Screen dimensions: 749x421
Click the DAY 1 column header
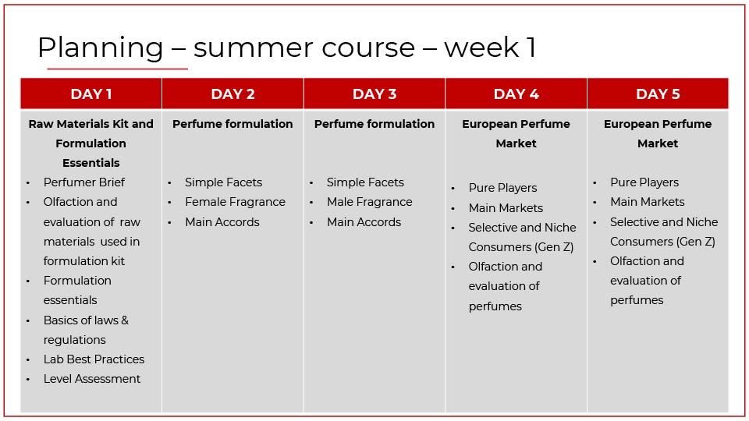tap(91, 94)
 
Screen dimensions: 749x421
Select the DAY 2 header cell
tap(233, 94)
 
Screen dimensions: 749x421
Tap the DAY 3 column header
tap(374, 94)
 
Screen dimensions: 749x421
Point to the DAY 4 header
tap(516, 94)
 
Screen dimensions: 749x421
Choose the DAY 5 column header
tap(658, 94)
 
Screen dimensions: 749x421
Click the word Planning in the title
tap(101, 48)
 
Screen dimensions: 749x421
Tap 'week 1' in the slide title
tap(490, 48)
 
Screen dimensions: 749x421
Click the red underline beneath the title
tap(117, 69)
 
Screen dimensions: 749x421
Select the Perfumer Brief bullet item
tap(84, 182)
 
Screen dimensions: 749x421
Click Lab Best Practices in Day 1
tap(94, 359)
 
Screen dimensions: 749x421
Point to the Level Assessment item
tap(92, 379)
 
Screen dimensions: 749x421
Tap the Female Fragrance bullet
tap(235, 202)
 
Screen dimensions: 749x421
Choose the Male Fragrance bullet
tap(369, 202)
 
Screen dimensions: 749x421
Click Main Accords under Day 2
tap(222, 222)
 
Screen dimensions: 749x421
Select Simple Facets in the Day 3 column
tap(365, 182)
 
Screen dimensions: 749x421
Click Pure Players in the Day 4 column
tap(502, 188)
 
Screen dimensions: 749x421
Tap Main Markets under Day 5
tap(648, 202)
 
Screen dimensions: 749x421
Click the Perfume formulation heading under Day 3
tap(374, 124)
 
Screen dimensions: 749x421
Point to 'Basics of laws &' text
tap(86, 320)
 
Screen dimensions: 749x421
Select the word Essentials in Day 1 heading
tap(91, 163)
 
